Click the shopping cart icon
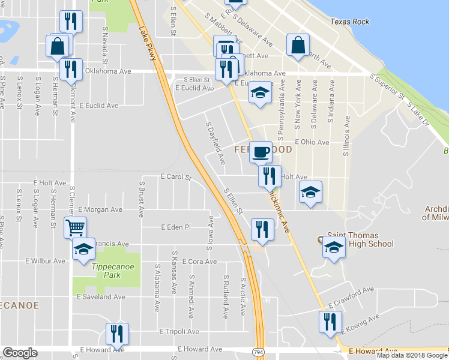pos(76,227)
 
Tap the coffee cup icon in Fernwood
pos(261,152)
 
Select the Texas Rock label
pos(349,22)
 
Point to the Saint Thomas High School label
pos(360,239)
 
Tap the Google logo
pos(20,353)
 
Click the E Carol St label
pos(175,178)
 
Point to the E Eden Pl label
pos(175,227)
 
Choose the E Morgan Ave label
pos(100,209)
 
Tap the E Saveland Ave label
pos(101,296)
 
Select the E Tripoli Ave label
pos(179,331)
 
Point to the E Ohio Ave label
pos(311,143)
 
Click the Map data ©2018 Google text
pos(412,355)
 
